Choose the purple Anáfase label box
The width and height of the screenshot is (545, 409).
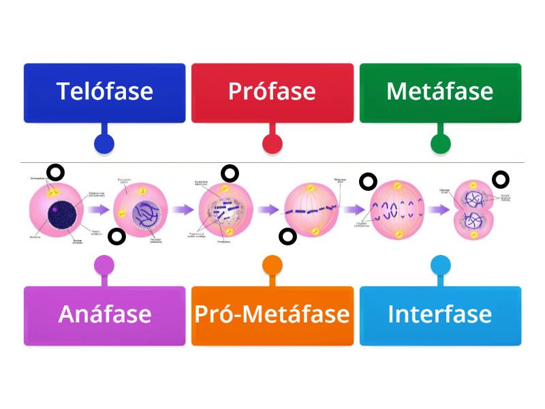click(x=104, y=315)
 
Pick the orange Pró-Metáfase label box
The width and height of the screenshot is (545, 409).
click(x=272, y=315)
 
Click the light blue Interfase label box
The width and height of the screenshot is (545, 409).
click(x=440, y=315)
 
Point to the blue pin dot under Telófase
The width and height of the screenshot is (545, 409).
click(x=104, y=144)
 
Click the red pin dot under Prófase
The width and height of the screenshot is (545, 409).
click(x=272, y=144)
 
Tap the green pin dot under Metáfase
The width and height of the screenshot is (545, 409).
click(x=440, y=144)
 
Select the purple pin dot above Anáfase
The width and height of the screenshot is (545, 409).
click(x=104, y=264)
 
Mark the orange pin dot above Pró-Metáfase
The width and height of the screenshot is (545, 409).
click(x=272, y=264)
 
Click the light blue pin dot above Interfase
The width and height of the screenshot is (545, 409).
click(x=440, y=264)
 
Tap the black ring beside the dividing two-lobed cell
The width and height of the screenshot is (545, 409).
click(x=501, y=180)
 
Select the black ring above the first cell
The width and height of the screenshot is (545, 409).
click(x=54, y=173)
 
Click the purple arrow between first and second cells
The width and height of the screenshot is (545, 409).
click(x=99, y=210)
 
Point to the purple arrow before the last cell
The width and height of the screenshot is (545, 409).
click(x=441, y=210)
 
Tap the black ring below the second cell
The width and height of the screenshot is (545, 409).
click(x=117, y=237)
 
